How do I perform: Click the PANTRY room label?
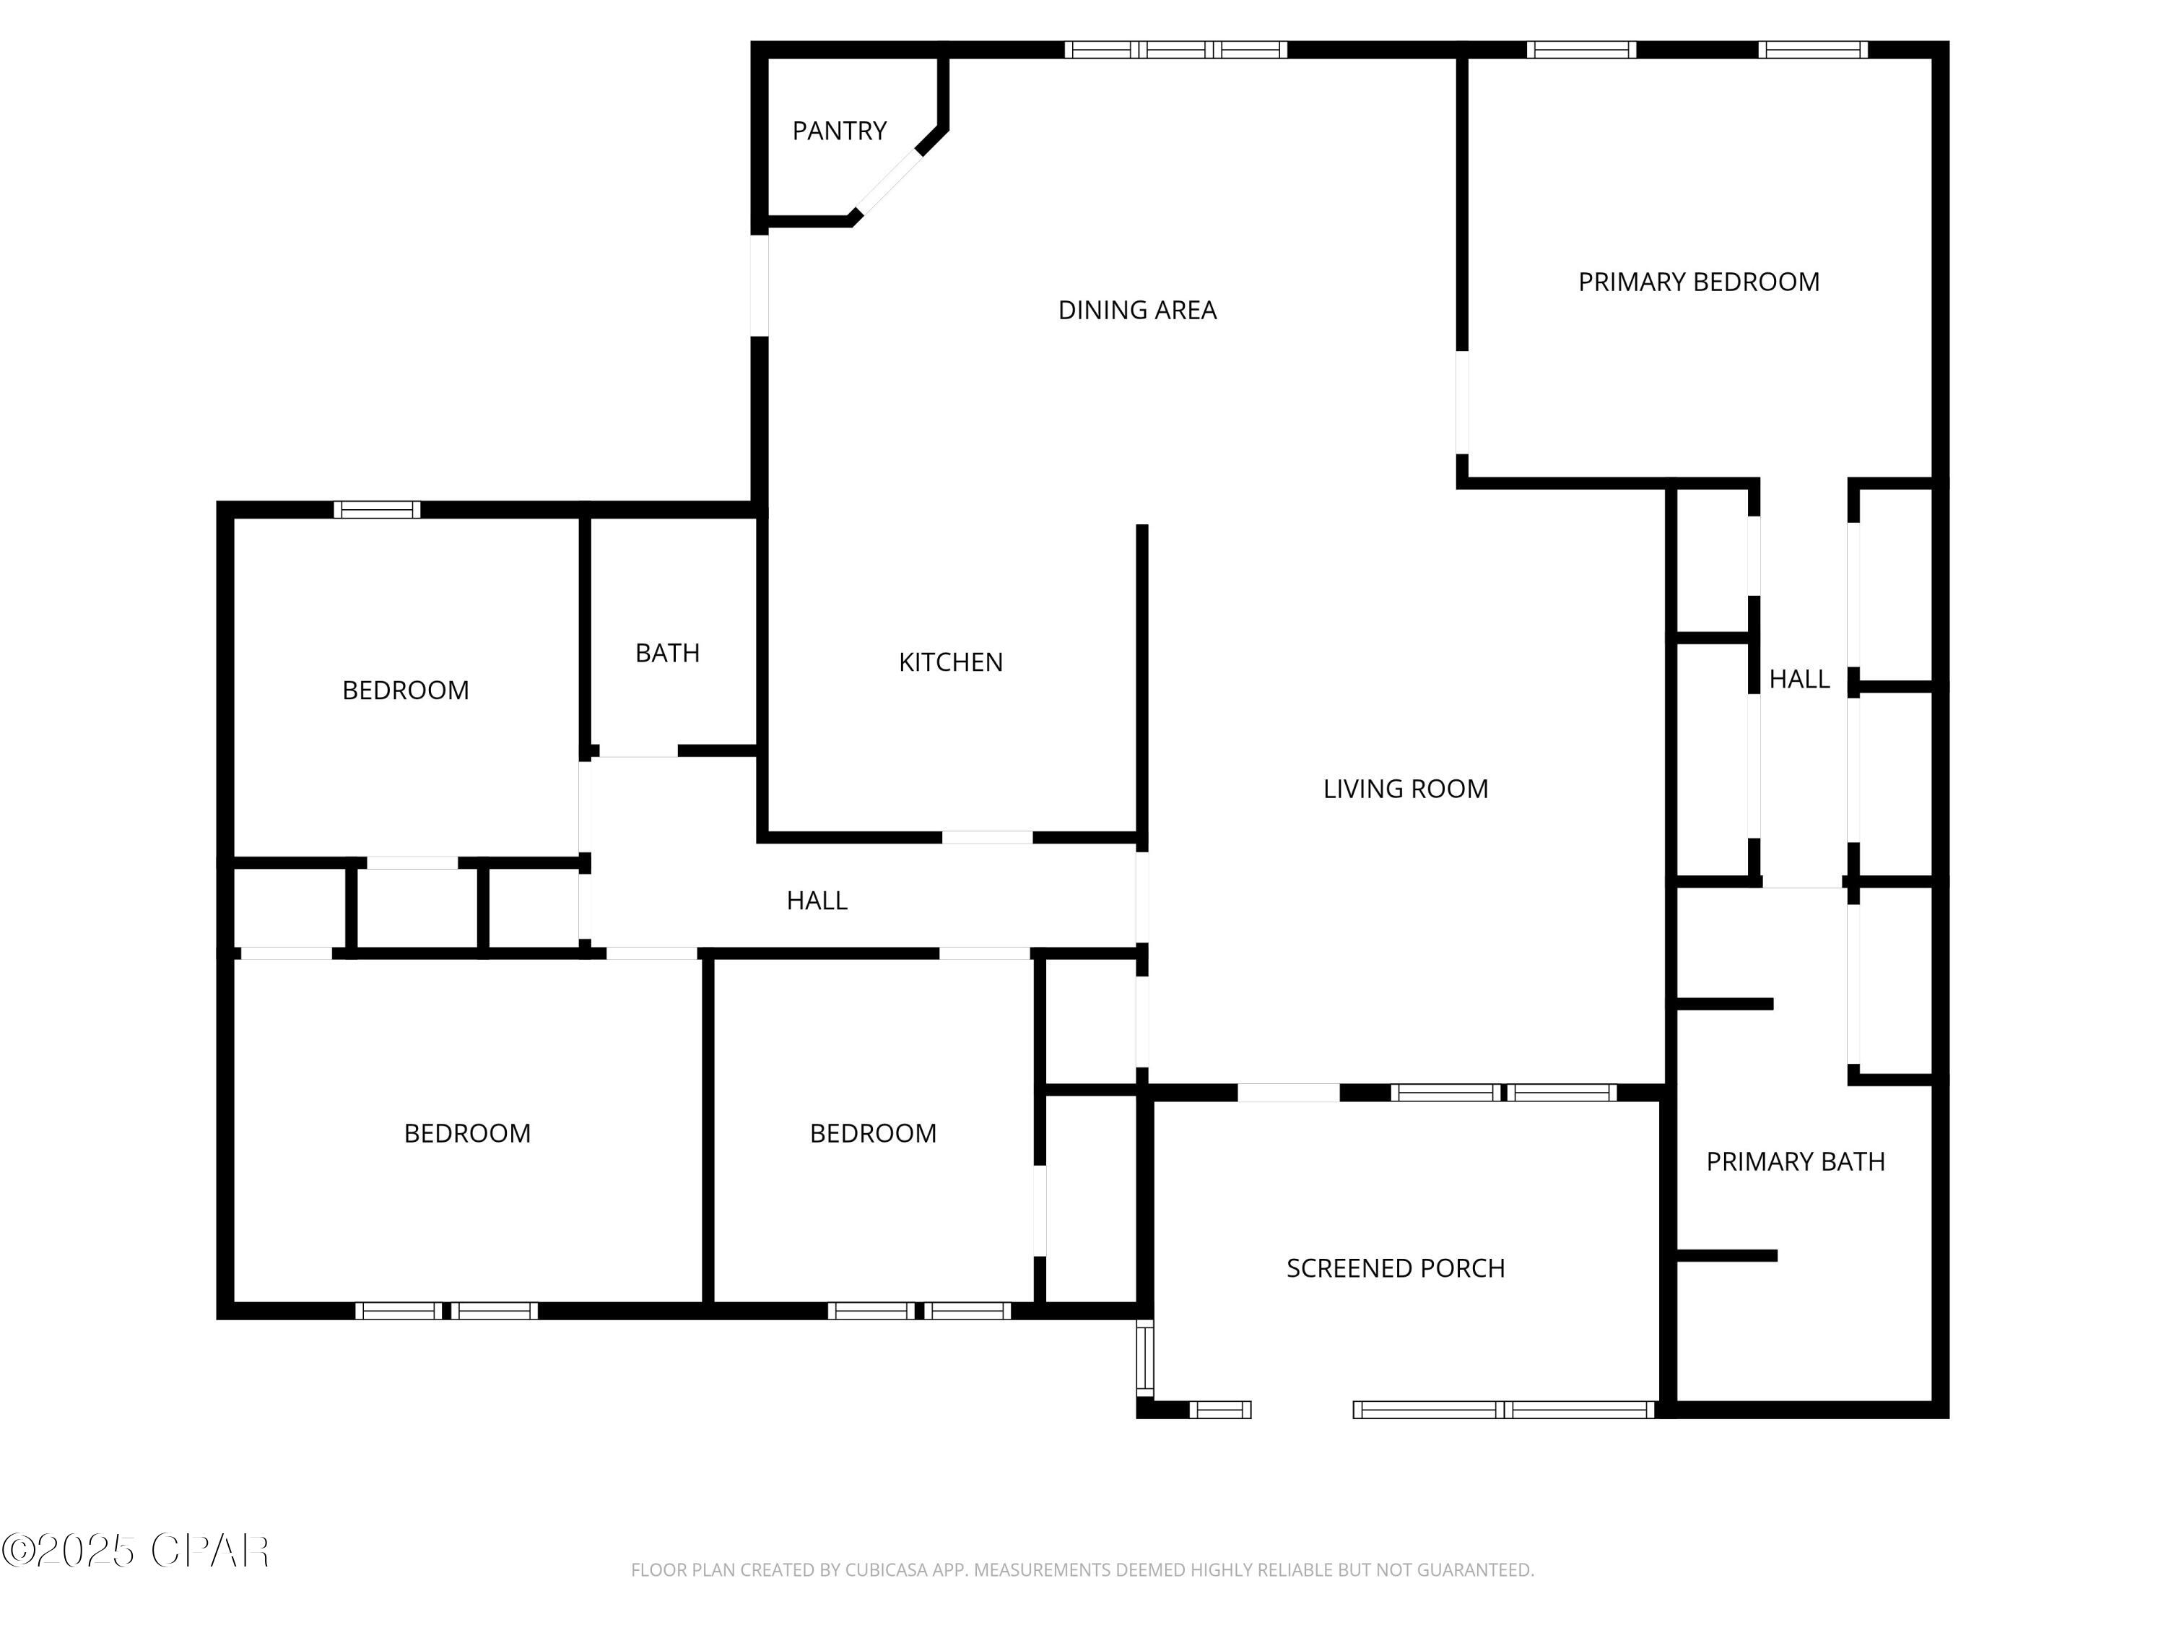click(x=839, y=130)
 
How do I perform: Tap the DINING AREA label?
click(x=1137, y=311)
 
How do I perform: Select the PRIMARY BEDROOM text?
click(x=1699, y=282)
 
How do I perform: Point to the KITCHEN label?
click(x=951, y=662)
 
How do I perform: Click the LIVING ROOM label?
click(x=1405, y=789)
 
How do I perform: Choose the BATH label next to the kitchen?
click(x=667, y=654)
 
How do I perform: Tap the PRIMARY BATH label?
click(x=1795, y=1161)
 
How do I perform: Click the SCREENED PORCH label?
click(x=1396, y=1268)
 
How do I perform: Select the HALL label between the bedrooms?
click(x=817, y=900)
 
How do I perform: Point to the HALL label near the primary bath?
click(x=1799, y=679)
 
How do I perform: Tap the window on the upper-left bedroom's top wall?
click(x=377, y=509)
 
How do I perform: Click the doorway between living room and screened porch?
click(x=1289, y=1092)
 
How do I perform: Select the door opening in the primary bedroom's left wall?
click(x=1462, y=402)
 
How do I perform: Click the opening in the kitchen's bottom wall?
click(x=987, y=838)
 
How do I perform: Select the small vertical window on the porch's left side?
click(x=1144, y=1358)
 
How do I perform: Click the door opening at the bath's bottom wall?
click(x=638, y=751)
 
